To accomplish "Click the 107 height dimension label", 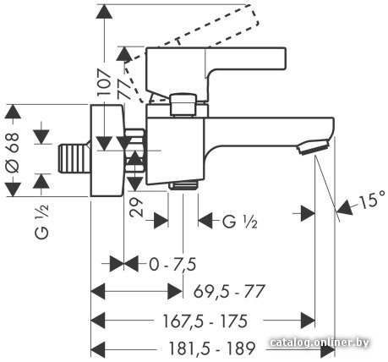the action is pos(104,83).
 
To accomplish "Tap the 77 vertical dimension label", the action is pos(124,89).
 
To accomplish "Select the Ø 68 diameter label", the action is pos(13,152).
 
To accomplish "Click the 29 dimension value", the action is pos(136,207).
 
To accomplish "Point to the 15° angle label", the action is pos(373,200).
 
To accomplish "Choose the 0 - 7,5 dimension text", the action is pos(172,265).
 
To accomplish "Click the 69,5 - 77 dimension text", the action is pos(229,292).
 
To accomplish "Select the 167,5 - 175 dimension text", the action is pos(205,321).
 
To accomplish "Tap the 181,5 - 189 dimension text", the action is pos(211,348).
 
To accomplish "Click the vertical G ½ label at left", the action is pos(42,222).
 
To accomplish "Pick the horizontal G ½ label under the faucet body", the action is pos(240,222).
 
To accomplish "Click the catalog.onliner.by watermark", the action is pos(320,343).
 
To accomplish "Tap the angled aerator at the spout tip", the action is pos(314,147).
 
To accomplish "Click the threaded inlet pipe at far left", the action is pos(74,158).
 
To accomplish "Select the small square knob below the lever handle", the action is pos(183,105).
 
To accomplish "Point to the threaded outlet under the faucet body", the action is pos(183,185).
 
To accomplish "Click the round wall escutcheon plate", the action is pos(107,151).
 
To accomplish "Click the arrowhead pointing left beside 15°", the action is pos(345,208).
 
